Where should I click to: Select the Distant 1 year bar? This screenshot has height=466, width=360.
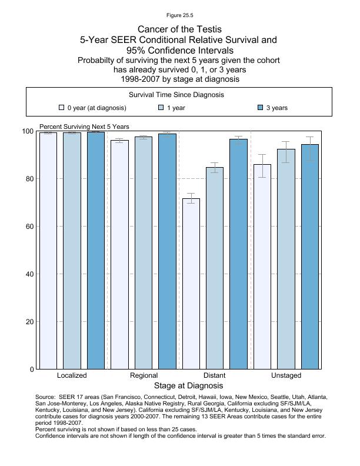click(x=215, y=268)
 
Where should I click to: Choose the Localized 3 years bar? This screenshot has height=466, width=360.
click(x=96, y=251)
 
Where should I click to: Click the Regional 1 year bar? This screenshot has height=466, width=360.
click(x=144, y=253)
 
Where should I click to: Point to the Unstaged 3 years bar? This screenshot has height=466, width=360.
click(x=310, y=257)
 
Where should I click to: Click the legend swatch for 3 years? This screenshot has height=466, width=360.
click(x=261, y=108)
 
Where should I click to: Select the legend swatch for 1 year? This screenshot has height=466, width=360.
click(x=161, y=108)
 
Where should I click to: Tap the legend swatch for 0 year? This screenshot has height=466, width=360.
click(x=61, y=108)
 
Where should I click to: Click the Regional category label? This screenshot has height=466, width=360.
click(x=144, y=375)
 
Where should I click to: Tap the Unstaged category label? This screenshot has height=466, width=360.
click(x=286, y=375)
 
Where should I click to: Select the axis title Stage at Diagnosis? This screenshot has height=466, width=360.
click(x=188, y=386)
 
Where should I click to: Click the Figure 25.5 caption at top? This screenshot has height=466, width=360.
click(x=179, y=15)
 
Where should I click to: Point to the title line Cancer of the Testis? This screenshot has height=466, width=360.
click(x=179, y=29)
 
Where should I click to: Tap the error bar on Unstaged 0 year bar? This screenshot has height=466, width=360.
click(x=262, y=165)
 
